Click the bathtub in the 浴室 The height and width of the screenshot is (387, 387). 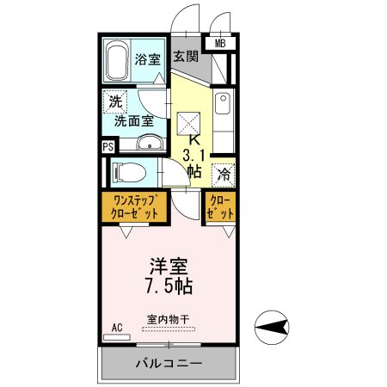point(117,59)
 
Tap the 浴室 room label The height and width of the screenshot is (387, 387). point(147,59)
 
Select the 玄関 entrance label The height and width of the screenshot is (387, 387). point(185,57)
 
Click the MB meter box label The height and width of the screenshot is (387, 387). point(220,42)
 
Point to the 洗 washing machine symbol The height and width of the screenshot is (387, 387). point(114,101)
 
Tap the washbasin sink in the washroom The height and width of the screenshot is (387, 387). point(149,143)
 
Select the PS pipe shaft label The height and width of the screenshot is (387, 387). point(107,146)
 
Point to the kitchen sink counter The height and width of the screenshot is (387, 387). point(222,116)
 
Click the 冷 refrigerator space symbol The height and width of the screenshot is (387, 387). point(222,172)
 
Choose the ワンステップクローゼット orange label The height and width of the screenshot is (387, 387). point(134,207)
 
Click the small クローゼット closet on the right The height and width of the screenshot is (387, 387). point(220,207)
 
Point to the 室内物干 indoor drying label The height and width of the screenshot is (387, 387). point(168,319)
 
